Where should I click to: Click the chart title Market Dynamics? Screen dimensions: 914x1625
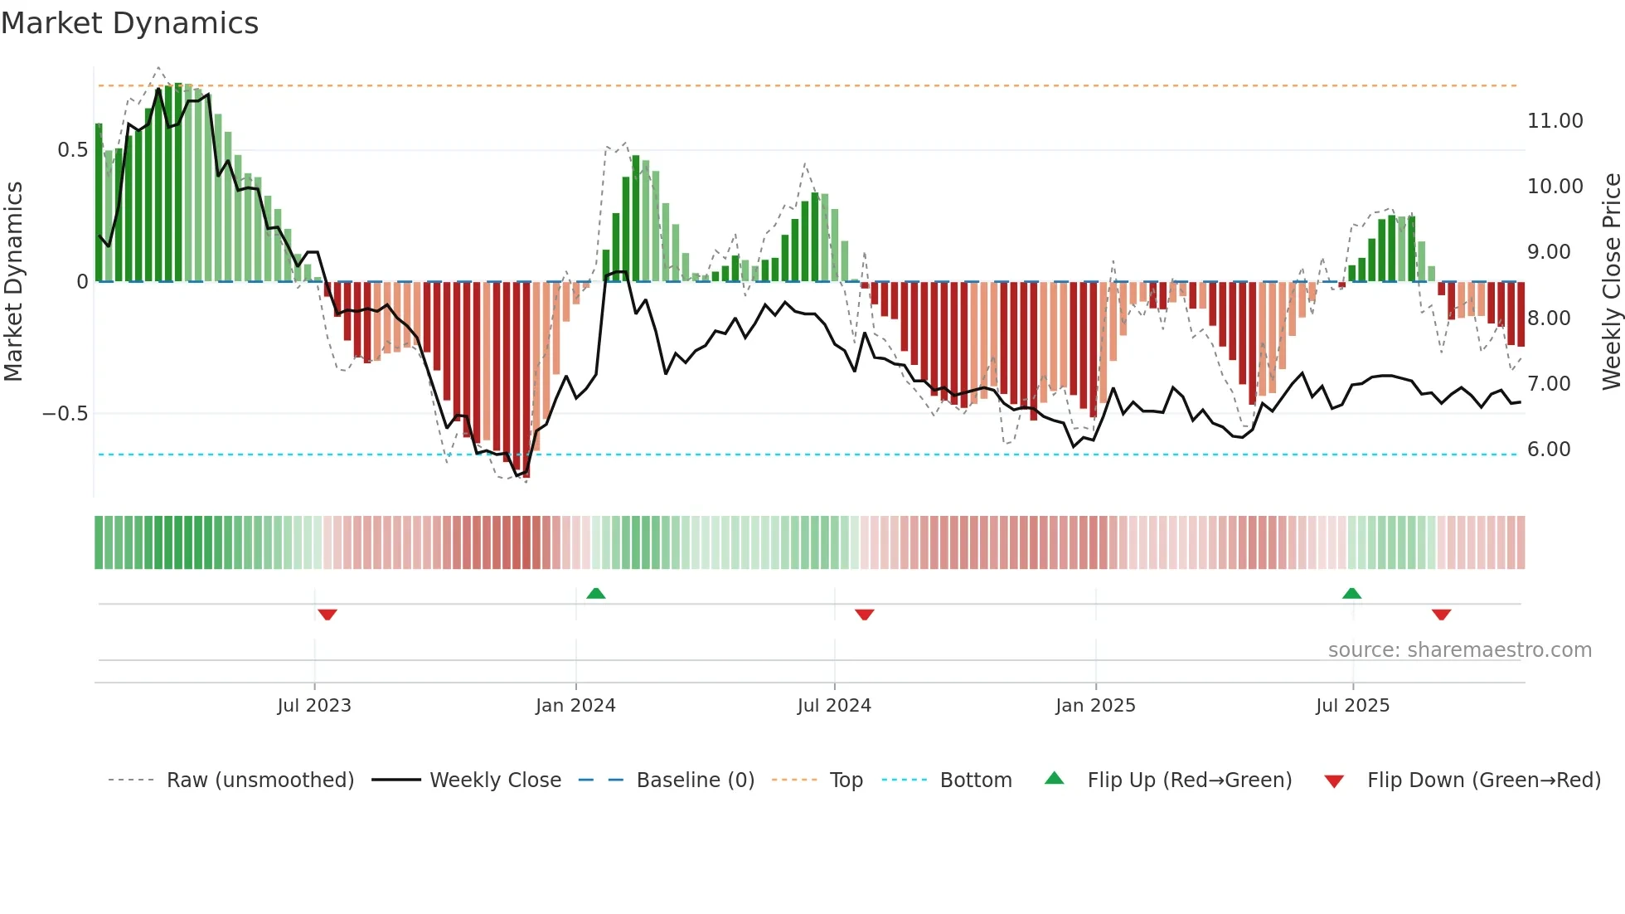coord(129,23)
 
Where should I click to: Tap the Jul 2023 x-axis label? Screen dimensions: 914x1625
coord(314,706)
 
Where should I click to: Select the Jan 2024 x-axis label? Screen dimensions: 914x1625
coord(575,706)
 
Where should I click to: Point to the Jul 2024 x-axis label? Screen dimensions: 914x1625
coord(834,706)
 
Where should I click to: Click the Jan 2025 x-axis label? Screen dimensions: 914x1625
coord(1095,706)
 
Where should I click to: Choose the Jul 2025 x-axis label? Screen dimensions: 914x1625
coord(1352,706)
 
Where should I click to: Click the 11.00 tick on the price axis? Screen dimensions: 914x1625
coord(1555,121)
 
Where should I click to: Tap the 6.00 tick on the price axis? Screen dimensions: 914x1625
coord(1549,450)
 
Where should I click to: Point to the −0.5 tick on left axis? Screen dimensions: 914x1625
coord(65,414)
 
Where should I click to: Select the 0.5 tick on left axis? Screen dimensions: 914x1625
coord(72,150)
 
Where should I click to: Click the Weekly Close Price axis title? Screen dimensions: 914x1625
coord(1611,281)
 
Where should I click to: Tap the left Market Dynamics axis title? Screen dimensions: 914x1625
coord(13,281)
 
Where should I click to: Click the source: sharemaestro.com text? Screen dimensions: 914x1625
coord(1459,650)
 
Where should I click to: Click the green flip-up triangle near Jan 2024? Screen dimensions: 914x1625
coord(595,593)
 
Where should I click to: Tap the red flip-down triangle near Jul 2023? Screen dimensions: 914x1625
coord(327,615)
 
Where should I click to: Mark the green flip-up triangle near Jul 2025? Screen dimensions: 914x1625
coord(1351,593)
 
